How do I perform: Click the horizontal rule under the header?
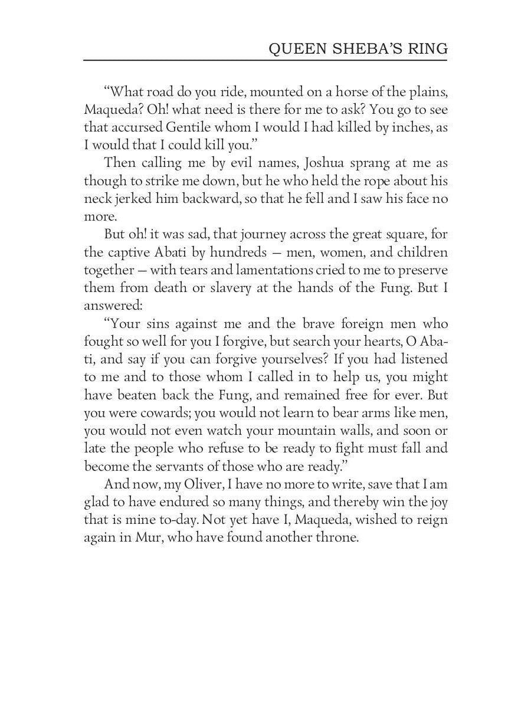coord(265,61)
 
